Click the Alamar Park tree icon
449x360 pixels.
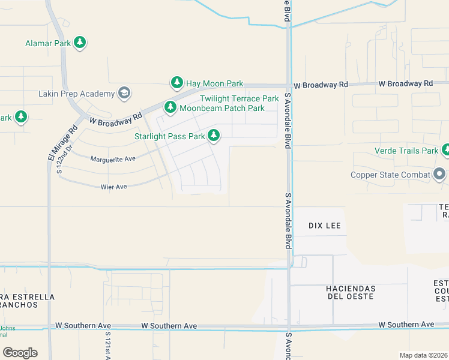pyautogui.click(x=80, y=43)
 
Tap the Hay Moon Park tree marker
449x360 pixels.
pyautogui.click(x=176, y=83)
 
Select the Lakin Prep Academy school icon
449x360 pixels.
pyautogui.click(x=124, y=93)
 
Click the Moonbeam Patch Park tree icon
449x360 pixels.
pyautogui.click(x=170, y=107)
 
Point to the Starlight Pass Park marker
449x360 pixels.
pyautogui.click(x=214, y=136)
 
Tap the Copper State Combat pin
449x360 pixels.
pyautogui.click(x=439, y=175)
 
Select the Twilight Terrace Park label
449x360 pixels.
pyautogui.click(x=239, y=98)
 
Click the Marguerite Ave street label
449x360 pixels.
pyautogui.click(x=113, y=159)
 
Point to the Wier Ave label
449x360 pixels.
pyautogui.click(x=113, y=187)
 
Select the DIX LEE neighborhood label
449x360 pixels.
pyautogui.click(x=325, y=226)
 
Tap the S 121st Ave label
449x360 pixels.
pyautogui.click(x=108, y=345)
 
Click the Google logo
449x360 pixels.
pyautogui.click(x=20, y=353)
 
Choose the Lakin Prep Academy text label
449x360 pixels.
pyautogui.click(x=76, y=94)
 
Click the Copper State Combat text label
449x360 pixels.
pyautogui.click(x=390, y=175)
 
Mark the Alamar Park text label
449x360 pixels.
pyautogui.click(x=48, y=43)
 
